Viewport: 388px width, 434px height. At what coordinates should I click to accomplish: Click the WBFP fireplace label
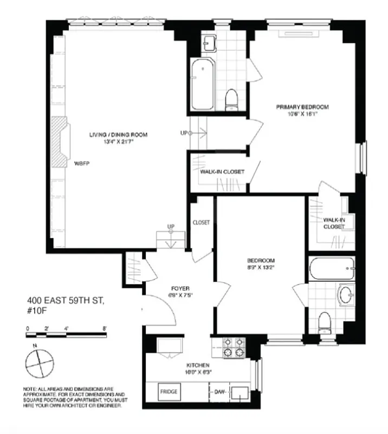tap(81, 162)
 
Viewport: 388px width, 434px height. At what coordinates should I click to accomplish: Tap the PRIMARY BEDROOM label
tap(302, 107)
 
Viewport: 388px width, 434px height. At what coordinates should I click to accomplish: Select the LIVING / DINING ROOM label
tap(119, 135)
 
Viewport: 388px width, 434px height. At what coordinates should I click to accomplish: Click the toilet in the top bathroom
tap(232, 99)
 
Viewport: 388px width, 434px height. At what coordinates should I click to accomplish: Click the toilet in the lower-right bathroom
tap(325, 322)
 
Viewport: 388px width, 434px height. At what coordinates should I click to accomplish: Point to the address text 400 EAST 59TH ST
tap(62, 299)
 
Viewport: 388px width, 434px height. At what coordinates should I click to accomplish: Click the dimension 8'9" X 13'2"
tap(261, 267)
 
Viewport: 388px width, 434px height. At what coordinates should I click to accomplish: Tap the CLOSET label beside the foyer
tap(201, 222)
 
